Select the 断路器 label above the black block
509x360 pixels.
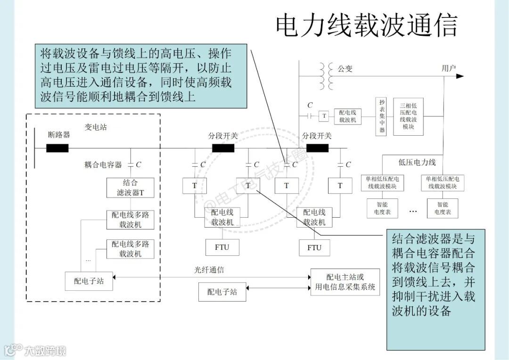click(59, 135)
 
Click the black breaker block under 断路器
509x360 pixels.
click(57, 148)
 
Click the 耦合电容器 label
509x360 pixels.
click(103, 164)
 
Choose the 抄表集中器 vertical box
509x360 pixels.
click(382, 116)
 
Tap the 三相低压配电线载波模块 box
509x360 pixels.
click(408, 116)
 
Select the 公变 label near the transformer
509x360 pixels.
click(345, 69)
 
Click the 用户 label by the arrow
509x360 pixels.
click(449, 68)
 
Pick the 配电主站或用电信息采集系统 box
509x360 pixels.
click(345, 282)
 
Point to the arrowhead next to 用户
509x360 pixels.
click(460, 75)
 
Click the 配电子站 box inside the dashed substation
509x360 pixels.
click(89, 281)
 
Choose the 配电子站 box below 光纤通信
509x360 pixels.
click(222, 292)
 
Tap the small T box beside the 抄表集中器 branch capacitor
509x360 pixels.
click(324, 116)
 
